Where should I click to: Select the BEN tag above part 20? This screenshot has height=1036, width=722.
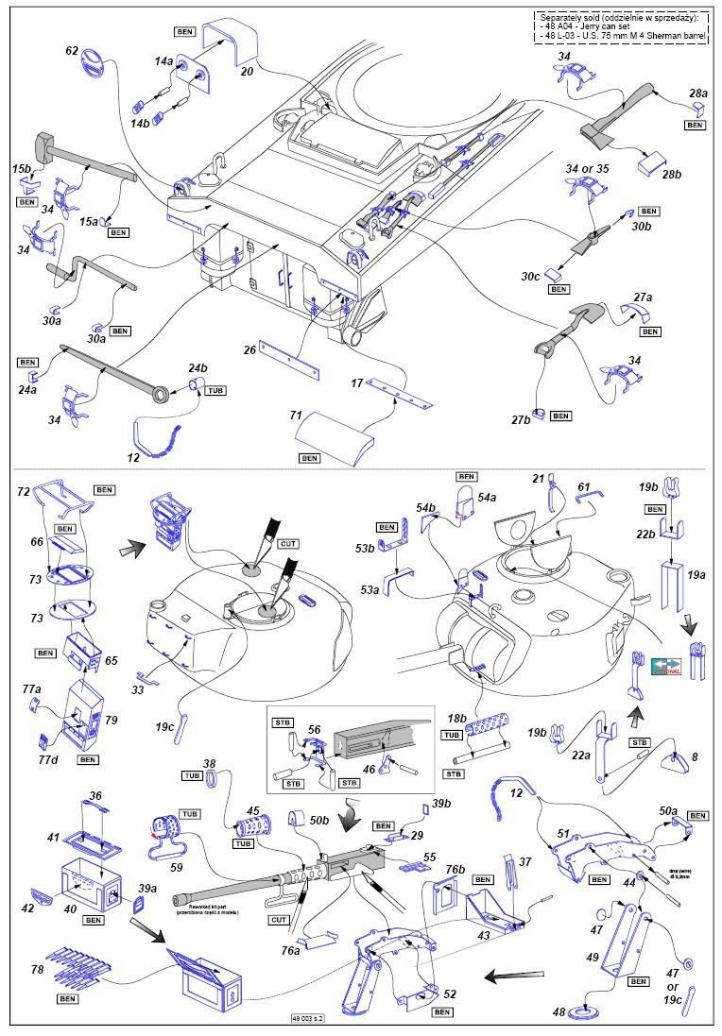[187, 31]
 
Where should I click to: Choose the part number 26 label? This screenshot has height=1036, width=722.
[249, 349]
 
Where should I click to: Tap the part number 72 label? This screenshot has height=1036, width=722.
[23, 492]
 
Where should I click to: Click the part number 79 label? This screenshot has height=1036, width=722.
[112, 720]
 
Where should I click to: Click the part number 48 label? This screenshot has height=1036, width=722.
[559, 1012]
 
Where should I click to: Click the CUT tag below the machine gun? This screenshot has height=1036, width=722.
[279, 919]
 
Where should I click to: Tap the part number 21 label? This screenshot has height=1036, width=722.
[538, 479]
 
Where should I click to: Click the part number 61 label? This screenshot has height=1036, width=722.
[583, 486]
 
